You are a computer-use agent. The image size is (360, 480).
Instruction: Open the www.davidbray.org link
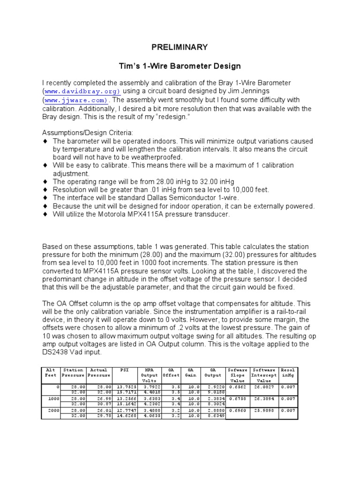point(82,91)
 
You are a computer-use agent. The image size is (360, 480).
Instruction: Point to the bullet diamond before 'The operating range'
point(45,181)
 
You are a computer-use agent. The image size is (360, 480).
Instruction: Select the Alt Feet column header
point(50,373)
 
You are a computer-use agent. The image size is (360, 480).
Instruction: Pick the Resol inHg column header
point(288,373)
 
